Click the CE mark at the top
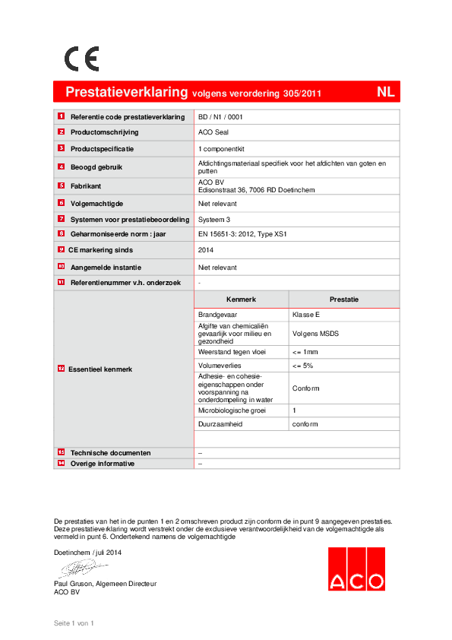81,59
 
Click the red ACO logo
356,569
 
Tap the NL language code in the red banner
385,92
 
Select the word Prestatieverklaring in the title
126,92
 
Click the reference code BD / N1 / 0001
220,117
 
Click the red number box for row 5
61,185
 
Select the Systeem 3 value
214,219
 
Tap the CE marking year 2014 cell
206,249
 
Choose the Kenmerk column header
241,299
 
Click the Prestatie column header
343,299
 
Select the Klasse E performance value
306,313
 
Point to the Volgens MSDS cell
314,333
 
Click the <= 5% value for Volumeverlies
302,366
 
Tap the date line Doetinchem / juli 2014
88,552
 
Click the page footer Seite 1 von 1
73,623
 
